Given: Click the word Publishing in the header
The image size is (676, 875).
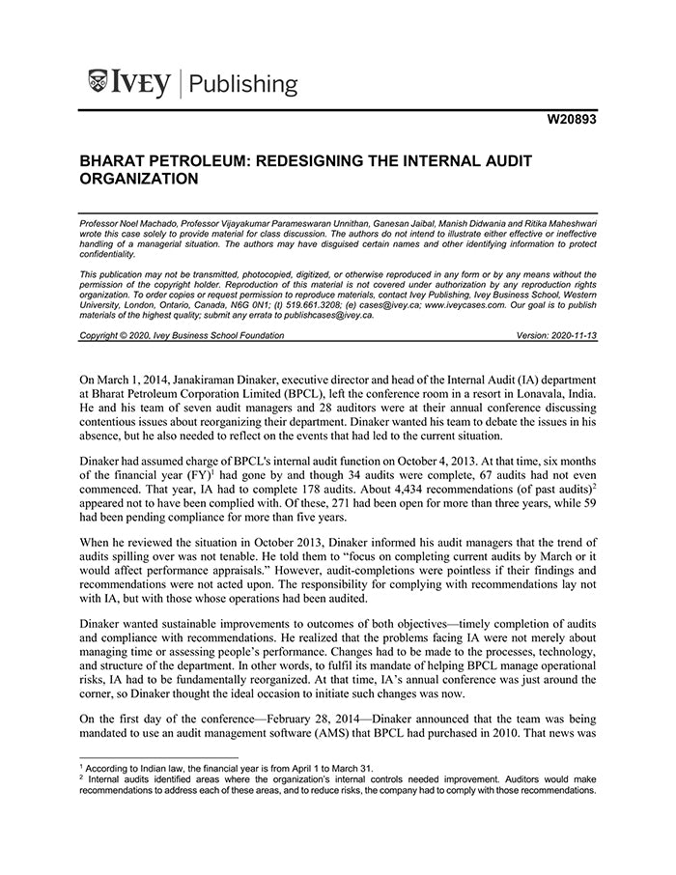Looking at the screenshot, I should [x=243, y=84].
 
